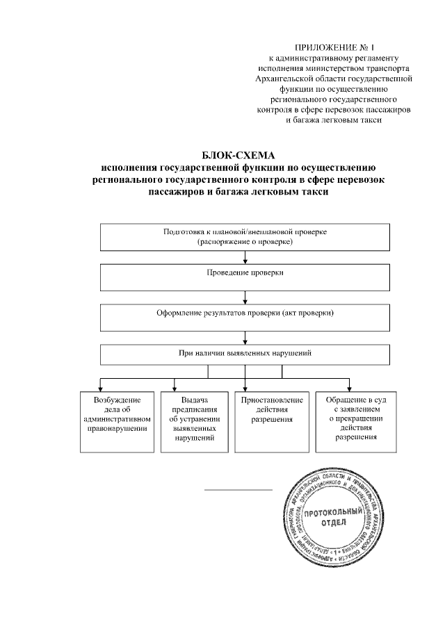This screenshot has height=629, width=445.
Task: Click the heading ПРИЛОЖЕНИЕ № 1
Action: (335, 46)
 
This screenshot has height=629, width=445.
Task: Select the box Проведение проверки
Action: (245, 277)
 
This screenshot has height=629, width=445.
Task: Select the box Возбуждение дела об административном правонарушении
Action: (115, 422)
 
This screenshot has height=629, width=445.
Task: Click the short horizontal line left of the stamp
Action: (238, 490)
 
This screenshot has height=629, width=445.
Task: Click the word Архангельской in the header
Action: (286, 79)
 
